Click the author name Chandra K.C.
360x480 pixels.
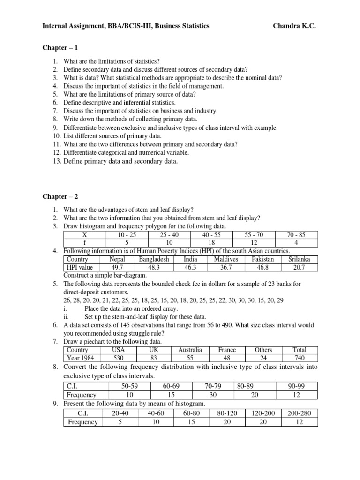click(x=294, y=26)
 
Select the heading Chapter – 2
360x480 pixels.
click(x=59, y=196)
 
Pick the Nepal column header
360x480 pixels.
click(x=117, y=259)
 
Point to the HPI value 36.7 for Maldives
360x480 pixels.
click(x=226, y=268)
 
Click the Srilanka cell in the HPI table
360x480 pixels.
click(x=299, y=259)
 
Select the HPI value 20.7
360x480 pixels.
click(x=299, y=268)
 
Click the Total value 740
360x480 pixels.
click(x=299, y=358)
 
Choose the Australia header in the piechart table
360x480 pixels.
click(x=190, y=350)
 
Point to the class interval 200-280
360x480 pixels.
click(x=300, y=413)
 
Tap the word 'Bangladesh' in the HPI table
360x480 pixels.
click(x=154, y=259)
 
